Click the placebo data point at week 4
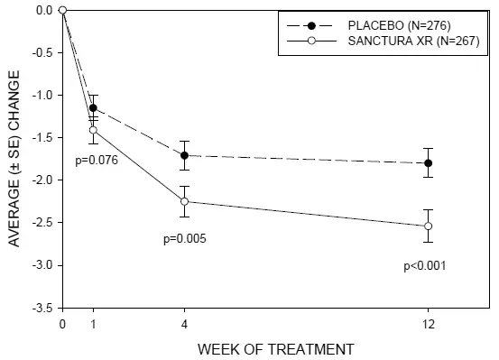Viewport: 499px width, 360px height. click(185, 155)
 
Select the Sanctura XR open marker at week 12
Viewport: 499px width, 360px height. click(429, 226)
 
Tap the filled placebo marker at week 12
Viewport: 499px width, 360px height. click(429, 163)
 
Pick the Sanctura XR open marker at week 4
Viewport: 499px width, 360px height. click(185, 201)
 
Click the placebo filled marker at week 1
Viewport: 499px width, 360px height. click(93, 107)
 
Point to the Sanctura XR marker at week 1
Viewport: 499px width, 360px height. click(93, 130)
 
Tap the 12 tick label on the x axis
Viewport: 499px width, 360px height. click(429, 323)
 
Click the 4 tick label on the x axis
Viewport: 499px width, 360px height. click(185, 323)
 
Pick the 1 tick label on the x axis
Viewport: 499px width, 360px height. click(93, 323)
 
